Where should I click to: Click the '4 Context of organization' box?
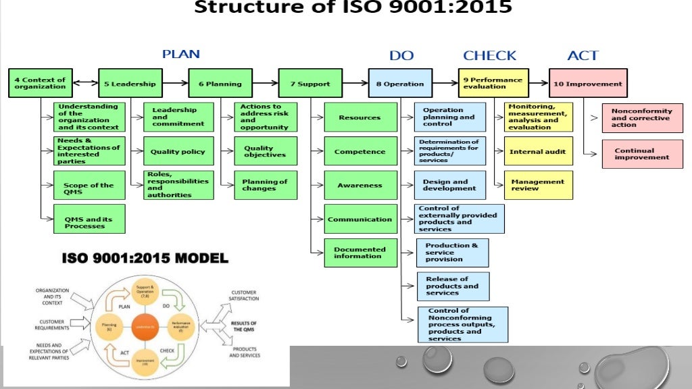40,83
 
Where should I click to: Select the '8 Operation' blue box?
399,84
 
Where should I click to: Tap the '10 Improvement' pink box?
587,84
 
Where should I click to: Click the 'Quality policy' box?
178,152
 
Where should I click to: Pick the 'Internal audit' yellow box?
538,151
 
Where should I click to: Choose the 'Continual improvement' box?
641,154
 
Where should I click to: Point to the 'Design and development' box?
449,185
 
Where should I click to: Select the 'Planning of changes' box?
266,185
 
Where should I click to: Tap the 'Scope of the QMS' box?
89,185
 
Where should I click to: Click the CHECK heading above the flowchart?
489,55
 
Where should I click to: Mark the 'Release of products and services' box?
452,286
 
